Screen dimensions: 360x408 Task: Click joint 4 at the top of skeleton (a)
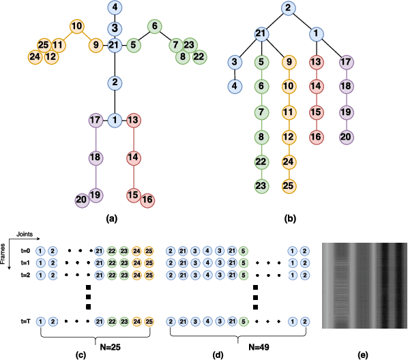[115, 9]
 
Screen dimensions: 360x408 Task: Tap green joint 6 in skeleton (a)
[154, 27]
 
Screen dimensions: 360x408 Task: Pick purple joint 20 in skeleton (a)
[83, 200]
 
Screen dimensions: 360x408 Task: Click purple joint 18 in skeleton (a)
[96, 157]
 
